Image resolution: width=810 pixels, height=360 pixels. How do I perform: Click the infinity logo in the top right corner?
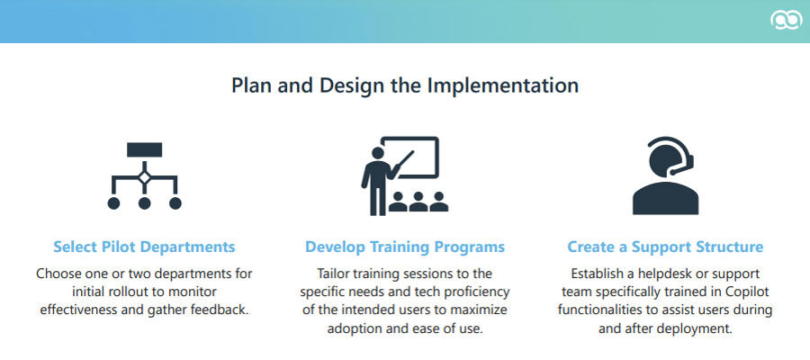click(x=786, y=22)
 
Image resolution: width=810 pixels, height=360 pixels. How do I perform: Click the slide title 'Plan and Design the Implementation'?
click(x=405, y=86)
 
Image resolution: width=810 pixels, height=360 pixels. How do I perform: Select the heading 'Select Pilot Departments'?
click(x=144, y=247)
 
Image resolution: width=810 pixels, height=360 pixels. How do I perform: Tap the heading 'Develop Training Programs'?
click(x=405, y=247)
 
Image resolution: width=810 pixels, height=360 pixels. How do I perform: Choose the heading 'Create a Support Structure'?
click(x=665, y=247)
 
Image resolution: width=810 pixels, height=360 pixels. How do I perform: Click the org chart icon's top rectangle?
click(x=144, y=149)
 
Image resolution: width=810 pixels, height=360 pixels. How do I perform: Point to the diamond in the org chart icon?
click(x=144, y=177)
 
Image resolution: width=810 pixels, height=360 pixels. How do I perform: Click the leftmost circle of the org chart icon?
click(x=113, y=203)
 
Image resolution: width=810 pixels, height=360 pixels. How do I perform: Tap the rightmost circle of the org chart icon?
click(x=175, y=203)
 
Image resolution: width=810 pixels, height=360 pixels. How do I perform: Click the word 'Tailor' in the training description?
click(x=336, y=274)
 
